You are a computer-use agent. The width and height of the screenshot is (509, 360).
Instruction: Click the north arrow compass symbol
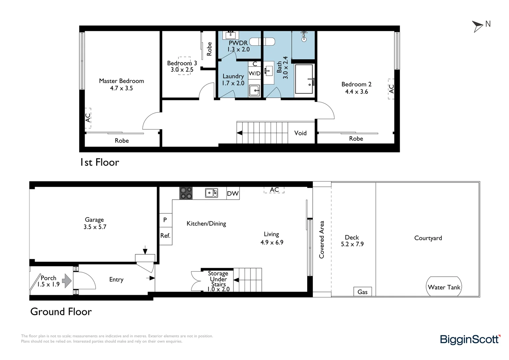point(478,26)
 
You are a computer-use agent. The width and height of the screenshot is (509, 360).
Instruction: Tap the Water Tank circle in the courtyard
point(444,287)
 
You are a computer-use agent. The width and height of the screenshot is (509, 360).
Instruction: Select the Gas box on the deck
point(362,292)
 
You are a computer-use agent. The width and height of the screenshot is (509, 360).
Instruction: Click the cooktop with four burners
point(186,193)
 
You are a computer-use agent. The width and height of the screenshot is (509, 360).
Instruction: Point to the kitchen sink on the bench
point(212,193)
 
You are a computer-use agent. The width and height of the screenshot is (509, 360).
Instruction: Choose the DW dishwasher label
point(233,193)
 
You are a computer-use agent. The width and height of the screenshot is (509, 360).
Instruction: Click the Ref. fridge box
point(165,236)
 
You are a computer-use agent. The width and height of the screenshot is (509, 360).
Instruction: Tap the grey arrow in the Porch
point(67,281)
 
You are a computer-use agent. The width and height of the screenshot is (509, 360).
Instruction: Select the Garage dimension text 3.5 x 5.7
point(95,227)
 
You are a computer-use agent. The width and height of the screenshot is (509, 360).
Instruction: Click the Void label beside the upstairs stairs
point(300,133)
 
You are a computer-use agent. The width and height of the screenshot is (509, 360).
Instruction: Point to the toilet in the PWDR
point(262,42)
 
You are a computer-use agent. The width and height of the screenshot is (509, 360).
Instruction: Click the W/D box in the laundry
point(254,73)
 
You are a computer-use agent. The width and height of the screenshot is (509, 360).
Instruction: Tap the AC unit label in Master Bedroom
point(88,118)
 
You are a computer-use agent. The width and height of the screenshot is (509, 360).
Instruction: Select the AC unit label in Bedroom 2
point(391,89)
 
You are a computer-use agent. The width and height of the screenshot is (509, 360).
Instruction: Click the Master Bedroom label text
point(121,81)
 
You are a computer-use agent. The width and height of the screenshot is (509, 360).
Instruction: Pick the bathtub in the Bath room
point(304,79)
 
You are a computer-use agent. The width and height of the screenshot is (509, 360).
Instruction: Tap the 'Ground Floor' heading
point(61,312)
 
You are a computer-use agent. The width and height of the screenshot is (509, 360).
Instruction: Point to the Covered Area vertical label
point(321,239)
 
